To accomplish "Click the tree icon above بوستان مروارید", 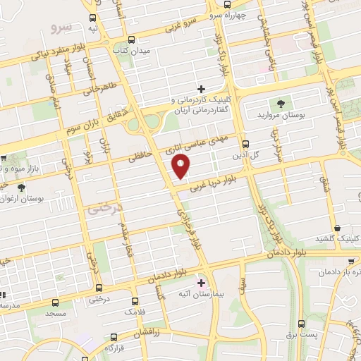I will pyautogui.click(x=281, y=103).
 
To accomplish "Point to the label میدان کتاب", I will pyautogui.click(x=131, y=51).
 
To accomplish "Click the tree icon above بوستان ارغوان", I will pyautogui.click(x=20, y=187).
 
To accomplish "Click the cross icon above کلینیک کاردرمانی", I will pyautogui.click(x=201, y=89).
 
